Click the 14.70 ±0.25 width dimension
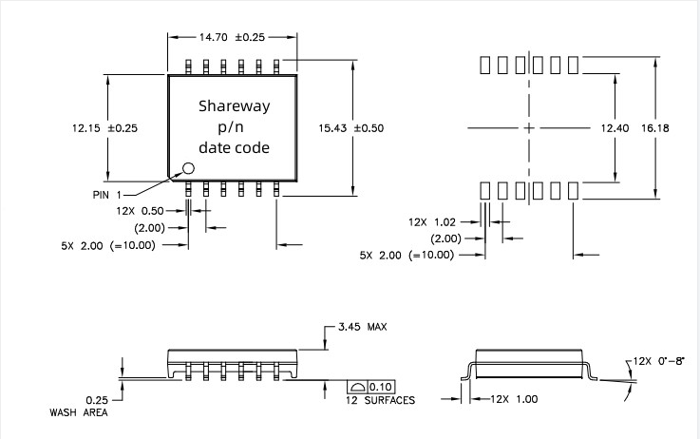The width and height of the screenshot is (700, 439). [x=232, y=37]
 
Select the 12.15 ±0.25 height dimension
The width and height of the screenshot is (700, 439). [x=104, y=127]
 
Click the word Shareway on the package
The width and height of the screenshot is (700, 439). [x=234, y=106]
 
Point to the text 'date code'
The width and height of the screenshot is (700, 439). [x=234, y=147]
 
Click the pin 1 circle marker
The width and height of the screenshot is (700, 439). [x=187, y=168]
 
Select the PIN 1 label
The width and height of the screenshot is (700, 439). [x=107, y=194]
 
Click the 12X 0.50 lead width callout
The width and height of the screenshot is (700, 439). [x=140, y=210]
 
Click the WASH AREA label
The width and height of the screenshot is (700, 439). [x=78, y=412]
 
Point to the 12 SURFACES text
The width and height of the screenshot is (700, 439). [x=380, y=401]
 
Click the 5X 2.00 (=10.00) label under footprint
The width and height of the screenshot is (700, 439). [x=407, y=255]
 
